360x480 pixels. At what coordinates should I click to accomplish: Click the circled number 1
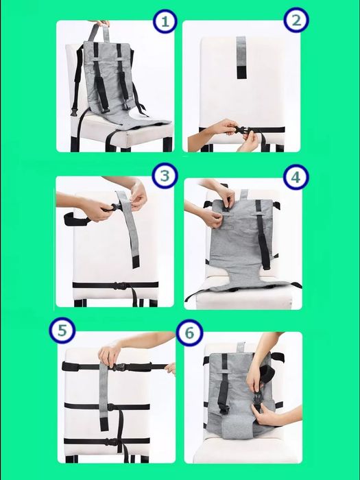click(x=165, y=21)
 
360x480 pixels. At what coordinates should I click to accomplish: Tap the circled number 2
click(x=296, y=20)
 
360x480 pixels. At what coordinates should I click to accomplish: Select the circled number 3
click(x=165, y=176)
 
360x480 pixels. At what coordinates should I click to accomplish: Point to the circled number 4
click(x=296, y=177)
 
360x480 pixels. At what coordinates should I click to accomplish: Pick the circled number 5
click(x=62, y=331)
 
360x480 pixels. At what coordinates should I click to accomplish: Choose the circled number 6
click(x=189, y=333)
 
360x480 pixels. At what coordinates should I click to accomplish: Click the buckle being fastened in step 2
click(x=241, y=129)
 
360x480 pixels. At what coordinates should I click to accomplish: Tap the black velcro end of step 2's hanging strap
click(x=241, y=71)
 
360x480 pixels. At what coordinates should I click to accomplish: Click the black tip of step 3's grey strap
click(x=136, y=262)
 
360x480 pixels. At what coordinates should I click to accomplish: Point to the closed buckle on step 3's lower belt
click(x=120, y=286)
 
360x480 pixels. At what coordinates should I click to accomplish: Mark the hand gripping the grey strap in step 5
click(x=109, y=354)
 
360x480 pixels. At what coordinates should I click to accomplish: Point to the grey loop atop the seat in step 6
click(x=241, y=347)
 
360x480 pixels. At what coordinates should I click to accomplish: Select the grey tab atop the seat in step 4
click(x=244, y=194)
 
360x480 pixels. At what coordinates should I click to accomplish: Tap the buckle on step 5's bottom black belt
click(x=111, y=442)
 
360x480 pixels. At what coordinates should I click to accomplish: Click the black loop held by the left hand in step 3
click(x=74, y=219)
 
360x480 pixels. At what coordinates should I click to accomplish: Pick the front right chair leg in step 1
click(x=167, y=144)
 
